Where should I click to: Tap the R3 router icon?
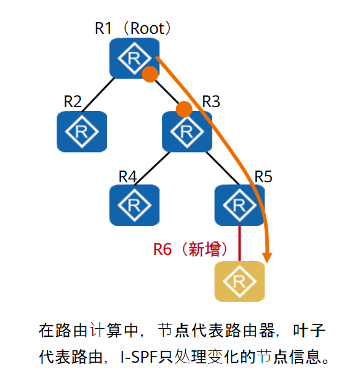[x=186, y=131]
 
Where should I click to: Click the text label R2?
[x=73, y=102]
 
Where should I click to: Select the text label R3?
[x=211, y=102]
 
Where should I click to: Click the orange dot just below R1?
[x=150, y=75]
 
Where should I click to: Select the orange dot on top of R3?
[x=183, y=110]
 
